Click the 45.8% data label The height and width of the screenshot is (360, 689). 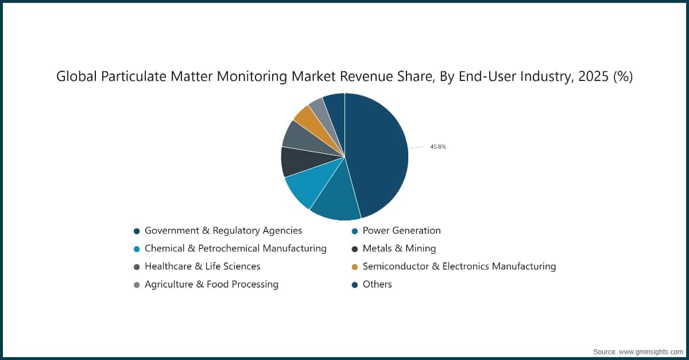pyautogui.click(x=438, y=147)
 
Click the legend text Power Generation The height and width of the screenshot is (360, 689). pyautogui.click(x=401, y=231)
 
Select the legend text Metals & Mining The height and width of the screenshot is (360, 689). pyautogui.click(x=399, y=249)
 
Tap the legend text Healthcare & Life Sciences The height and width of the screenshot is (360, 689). pyautogui.click(x=202, y=266)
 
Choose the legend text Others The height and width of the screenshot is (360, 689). pyautogui.click(x=377, y=284)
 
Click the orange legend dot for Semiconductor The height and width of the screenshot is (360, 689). pyautogui.click(x=355, y=267)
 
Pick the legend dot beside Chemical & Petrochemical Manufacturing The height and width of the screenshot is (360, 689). pyautogui.click(x=137, y=249)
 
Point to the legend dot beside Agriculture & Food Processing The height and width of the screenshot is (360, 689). pyautogui.click(x=137, y=285)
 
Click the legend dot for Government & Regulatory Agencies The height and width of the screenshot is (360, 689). pyautogui.click(x=137, y=231)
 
